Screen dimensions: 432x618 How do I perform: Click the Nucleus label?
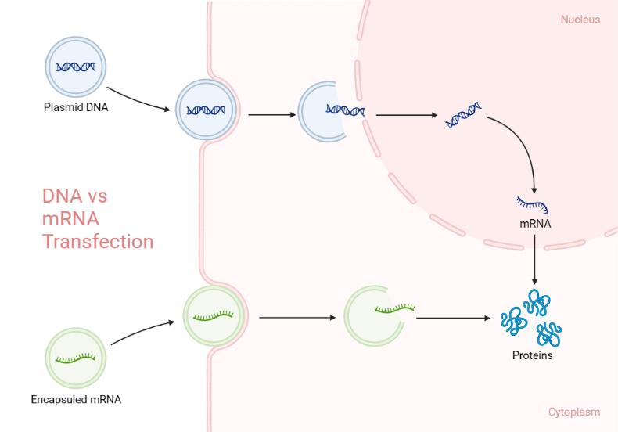pos(580,19)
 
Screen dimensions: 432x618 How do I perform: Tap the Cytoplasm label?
pos(574,412)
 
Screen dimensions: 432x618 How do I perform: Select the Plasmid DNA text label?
pos(76,107)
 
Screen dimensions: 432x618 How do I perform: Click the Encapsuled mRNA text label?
pos(76,399)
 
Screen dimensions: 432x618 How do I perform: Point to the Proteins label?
pos(532,355)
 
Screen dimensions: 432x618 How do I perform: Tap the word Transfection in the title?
pos(98,241)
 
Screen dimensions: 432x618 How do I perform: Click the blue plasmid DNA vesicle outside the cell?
pos(75,67)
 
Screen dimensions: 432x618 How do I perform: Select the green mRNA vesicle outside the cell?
pos(75,358)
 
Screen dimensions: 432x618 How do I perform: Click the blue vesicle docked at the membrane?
pos(206,109)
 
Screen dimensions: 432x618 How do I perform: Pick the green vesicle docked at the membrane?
pos(214,316)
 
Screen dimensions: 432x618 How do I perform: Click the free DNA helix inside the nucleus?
pos(463,115)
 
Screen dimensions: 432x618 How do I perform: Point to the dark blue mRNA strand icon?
pos(532,205)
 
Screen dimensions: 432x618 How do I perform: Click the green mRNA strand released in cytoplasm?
pos(394,308)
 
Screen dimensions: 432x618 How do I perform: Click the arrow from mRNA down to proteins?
pos(534,258)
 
